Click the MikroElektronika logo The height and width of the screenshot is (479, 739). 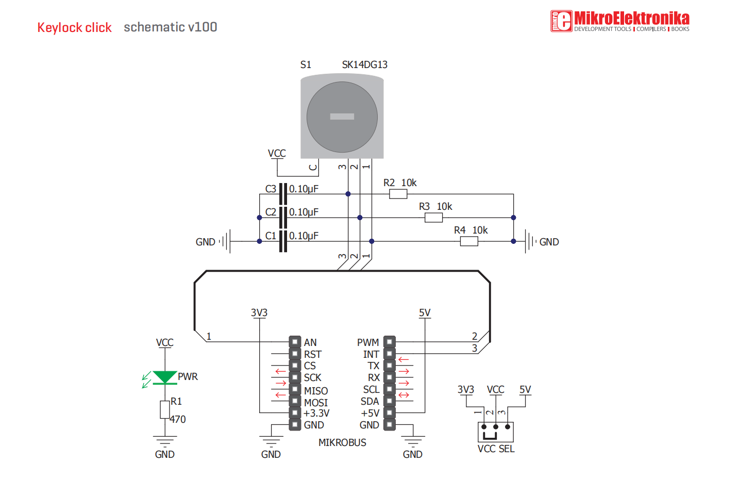[619, 21]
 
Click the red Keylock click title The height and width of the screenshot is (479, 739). [74, 27]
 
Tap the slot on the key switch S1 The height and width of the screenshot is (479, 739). [342, 117]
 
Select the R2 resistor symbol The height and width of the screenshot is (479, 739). [398, 194]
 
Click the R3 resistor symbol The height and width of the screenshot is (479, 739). [433, 218]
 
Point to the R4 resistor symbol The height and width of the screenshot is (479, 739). [468, 241]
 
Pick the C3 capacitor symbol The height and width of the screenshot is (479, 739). [282, 194]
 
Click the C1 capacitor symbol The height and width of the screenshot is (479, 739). [282, 241]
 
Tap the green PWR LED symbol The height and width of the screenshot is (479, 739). [165, 377]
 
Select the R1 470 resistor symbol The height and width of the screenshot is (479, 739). [165, 409]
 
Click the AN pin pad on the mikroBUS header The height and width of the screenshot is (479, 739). [295, 342]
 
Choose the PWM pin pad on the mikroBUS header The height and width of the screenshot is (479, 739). [390, 342]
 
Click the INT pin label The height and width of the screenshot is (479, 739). [371, 354]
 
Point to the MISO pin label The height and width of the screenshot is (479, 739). [316, 391]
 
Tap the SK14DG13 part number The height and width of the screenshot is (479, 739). [364, 64]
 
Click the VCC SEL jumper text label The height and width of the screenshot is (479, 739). [496, 449]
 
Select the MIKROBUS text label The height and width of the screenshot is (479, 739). [342, 442]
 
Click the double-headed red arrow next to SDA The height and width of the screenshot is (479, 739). [404, 395]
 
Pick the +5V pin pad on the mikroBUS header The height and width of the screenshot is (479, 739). [390, 412]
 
